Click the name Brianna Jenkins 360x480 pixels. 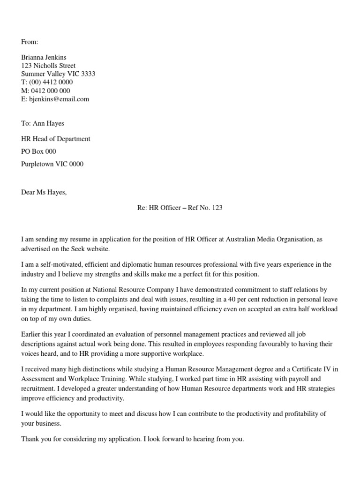(44, 57)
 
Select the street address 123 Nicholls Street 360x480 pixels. (48, 66)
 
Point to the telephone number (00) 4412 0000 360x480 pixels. (51, 82)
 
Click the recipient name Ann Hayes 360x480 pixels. (48, 124)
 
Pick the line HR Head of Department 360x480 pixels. (56, 139)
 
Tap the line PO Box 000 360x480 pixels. (38, 152)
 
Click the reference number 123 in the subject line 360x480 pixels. (217, 208)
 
